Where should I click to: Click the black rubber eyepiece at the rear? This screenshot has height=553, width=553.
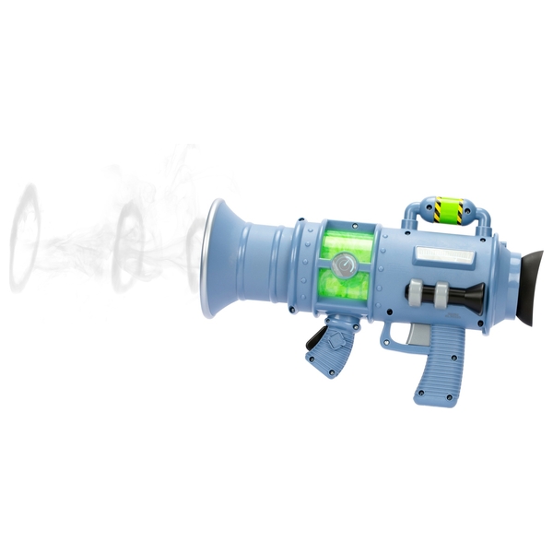(x=524, y=285)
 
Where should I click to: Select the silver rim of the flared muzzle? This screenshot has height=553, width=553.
(x=211, y=258)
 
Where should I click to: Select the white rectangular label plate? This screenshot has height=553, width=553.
(x=443, y=254)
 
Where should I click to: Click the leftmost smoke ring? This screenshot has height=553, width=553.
(x=25, y=238)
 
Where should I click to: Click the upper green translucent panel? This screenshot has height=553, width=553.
(x=347, y=244)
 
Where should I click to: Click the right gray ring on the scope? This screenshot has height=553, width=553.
(x=443, y=295)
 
